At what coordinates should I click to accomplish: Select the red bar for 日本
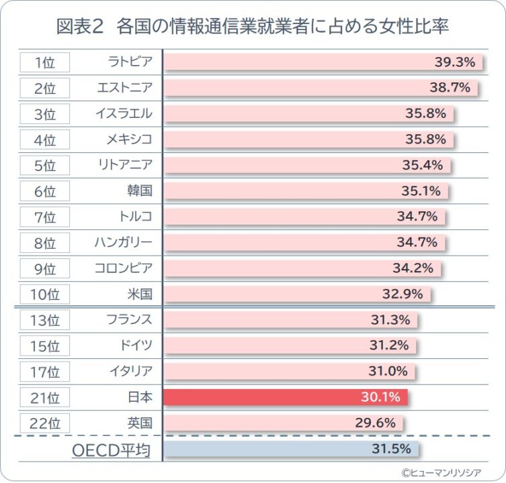pos(285,397)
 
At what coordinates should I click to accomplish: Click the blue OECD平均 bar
pos(290,448)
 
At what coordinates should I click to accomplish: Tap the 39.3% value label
pos(455,62)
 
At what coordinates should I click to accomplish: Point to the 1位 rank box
pos(44,62)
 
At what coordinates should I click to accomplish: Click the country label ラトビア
pos(130,62)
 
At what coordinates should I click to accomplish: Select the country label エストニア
pos(124,88)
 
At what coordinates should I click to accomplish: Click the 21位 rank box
pos(44,397)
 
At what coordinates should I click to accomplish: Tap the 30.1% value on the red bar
pos(380,397)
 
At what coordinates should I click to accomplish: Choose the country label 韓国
pos(139,191)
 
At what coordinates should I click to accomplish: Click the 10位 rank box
pos(44,294)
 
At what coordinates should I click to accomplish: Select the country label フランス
pos(129,319)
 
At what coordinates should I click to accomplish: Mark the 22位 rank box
pos(44,423)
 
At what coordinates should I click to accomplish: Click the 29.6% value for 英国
pos(375,423)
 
